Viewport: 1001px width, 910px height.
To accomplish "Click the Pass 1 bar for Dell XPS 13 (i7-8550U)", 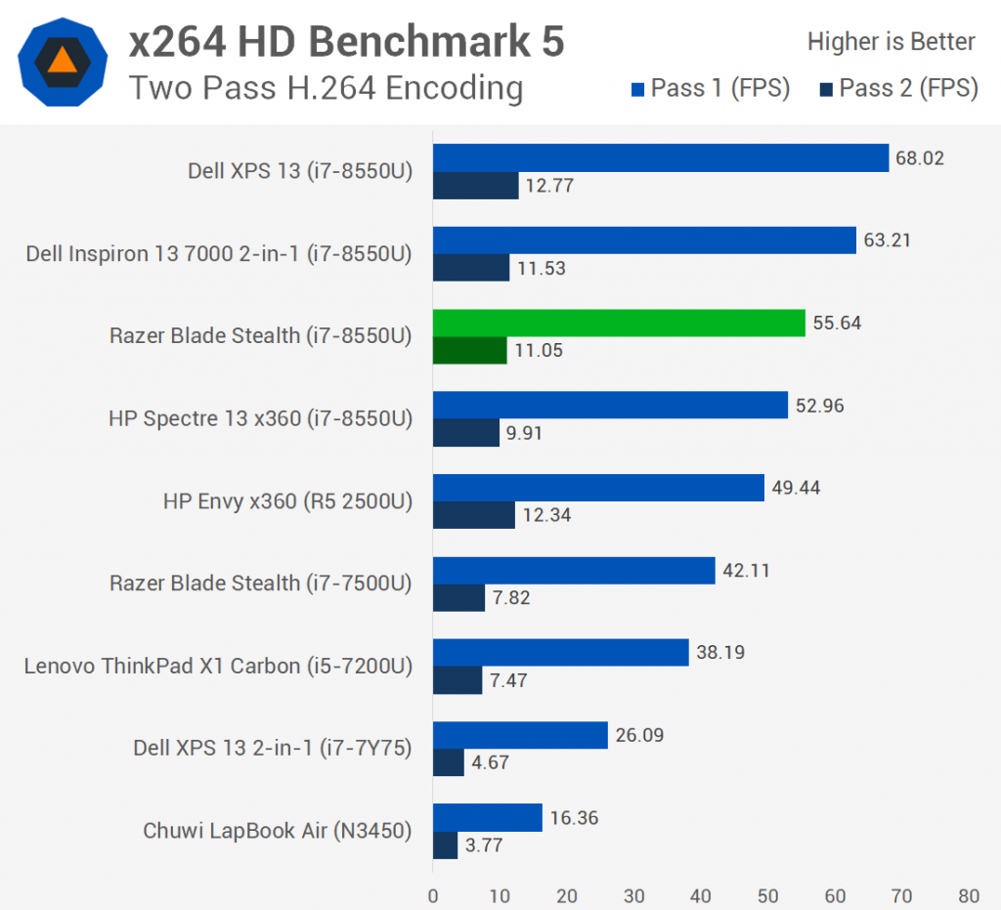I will [661, 157].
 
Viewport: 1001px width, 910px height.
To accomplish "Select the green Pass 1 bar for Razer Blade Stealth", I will [619, 323].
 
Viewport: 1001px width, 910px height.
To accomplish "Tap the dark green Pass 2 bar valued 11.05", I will [470, 351].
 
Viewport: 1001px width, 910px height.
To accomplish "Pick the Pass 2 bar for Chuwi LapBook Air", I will [445, 845].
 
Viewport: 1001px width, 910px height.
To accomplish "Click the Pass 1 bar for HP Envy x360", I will [598, 488].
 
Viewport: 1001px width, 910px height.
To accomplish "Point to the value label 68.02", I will [920, 157].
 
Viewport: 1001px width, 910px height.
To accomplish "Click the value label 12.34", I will [547, 515].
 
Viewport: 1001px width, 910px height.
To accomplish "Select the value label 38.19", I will [719, 652].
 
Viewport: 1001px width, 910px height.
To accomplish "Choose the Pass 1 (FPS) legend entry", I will [711, 88].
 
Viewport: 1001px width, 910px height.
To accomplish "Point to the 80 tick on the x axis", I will [969, 895].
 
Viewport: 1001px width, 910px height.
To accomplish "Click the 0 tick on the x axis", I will [433, 895].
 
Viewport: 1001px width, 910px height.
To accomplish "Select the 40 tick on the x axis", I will [701, 895].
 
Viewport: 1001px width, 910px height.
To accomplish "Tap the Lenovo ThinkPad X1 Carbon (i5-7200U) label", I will [218, 666].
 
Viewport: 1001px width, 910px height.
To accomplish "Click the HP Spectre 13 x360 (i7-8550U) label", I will [260, 418].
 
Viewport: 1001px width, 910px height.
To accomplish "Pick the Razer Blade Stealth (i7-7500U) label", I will [260, 584].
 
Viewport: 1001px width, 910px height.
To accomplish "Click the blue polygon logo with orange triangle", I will [62, 63].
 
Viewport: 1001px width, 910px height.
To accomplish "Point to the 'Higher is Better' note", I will [891, 42].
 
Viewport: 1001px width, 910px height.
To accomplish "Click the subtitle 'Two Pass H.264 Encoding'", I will [326, 88].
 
